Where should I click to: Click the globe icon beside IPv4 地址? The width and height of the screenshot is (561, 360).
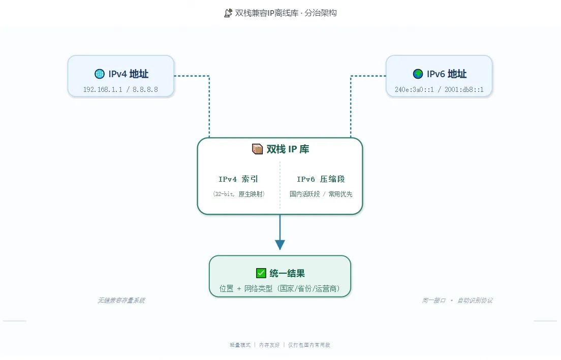coord(99,74)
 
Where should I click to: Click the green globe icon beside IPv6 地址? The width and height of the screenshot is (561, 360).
coord(418,74)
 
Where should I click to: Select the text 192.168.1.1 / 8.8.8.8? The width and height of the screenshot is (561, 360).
coord(120,89)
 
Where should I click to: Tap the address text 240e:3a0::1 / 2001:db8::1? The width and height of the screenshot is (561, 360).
coord(439,89)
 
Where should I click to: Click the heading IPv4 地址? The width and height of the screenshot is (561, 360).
coord(128,74)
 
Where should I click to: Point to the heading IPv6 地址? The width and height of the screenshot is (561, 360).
coord(446,74)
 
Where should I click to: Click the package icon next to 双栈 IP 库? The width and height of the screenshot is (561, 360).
coord(257,149)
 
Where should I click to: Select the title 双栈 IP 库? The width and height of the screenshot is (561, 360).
coord(288,149)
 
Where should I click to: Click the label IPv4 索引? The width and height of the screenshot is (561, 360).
coord(238,179)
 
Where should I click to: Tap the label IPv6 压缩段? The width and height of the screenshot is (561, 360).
coord(321,179)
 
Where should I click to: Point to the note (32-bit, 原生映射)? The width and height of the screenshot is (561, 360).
coord(238,194)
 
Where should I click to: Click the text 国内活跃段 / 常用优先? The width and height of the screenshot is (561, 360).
coord(321,194)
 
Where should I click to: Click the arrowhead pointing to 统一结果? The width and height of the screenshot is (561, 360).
coord(280,244)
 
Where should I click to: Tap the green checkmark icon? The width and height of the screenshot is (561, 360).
coord(261,273)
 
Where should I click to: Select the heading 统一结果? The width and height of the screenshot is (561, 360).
coord(287,273)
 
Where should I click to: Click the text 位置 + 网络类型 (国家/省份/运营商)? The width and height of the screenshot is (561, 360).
coord(280,288)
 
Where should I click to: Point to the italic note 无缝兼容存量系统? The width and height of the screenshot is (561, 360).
coord(121,300)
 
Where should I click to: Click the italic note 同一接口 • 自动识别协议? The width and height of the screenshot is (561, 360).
coord(457,300)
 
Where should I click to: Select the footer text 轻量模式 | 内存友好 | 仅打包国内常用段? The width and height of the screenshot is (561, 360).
coord(280,345)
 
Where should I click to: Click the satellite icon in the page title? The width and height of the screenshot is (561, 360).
coord(228,13)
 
